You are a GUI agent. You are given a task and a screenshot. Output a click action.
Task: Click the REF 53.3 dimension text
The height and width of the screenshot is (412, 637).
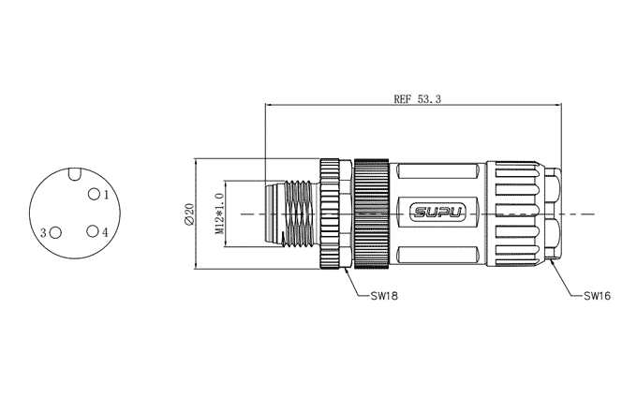click(417, 98)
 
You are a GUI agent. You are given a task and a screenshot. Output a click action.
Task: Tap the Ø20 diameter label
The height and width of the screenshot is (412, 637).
click(189, 213)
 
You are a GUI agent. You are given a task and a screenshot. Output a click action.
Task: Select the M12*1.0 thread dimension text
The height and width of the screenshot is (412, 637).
click(220, 213)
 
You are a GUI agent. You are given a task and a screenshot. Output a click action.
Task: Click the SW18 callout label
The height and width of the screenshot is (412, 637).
click(384, 296)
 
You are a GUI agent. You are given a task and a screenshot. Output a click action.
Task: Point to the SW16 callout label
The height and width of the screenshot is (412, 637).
click(598, 296)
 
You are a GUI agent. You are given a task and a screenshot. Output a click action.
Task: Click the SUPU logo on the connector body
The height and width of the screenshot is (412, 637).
click(438, 213)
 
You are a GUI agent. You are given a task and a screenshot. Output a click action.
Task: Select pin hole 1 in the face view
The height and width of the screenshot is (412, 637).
click(95, 194)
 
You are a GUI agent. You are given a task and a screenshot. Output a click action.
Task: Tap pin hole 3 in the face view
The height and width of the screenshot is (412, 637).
click(55, 232)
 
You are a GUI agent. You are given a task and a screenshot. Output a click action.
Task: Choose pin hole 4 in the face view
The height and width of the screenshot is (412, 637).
click(93, 231)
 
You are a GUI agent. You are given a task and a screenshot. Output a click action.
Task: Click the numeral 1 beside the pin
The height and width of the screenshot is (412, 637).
click(107, 196)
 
